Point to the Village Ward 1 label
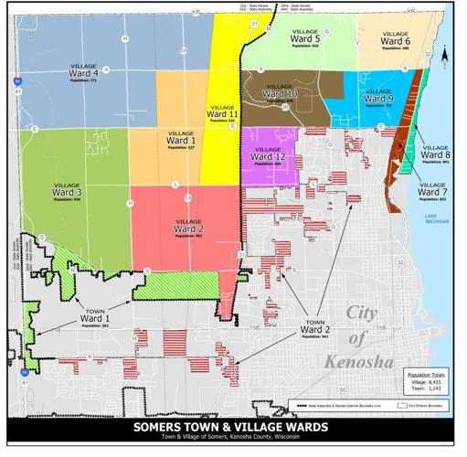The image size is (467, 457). pyautogui.click(x=180, y=141)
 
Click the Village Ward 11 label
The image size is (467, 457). pyautogui.click(x=222, y=112)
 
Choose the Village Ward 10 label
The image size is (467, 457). pyautogui.click(x=280, y=93)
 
